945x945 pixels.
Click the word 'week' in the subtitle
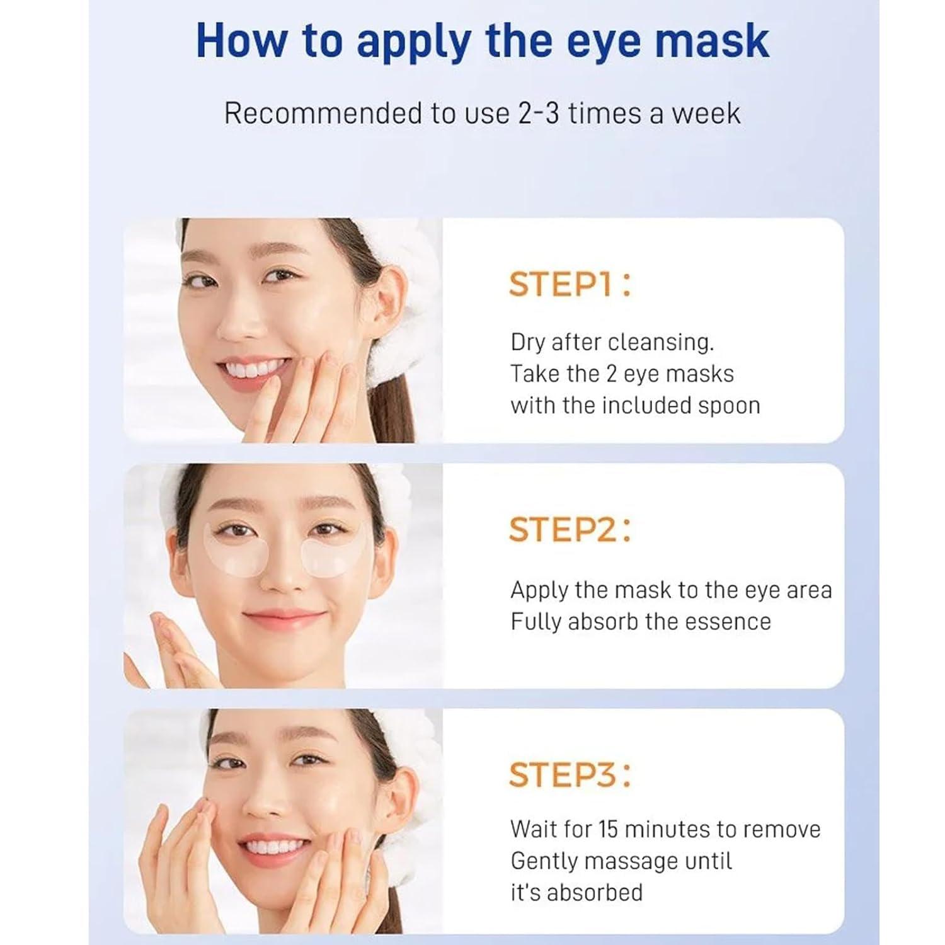[705, 114]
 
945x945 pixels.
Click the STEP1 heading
[569, 284]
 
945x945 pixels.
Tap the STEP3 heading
[569, 774]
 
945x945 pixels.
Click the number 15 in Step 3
[608, 829]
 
